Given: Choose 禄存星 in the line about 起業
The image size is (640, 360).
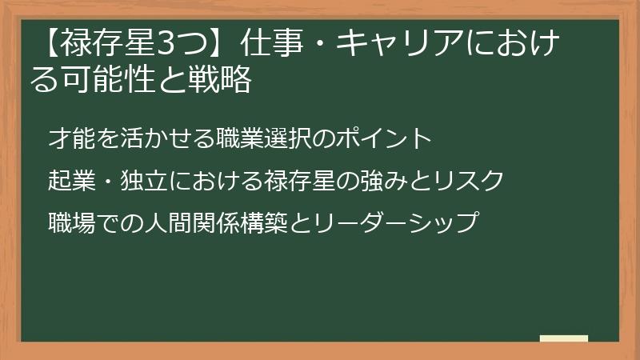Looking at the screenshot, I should [x=293, y=180].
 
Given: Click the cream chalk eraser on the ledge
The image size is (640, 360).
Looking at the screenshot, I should [x=564, y=338].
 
